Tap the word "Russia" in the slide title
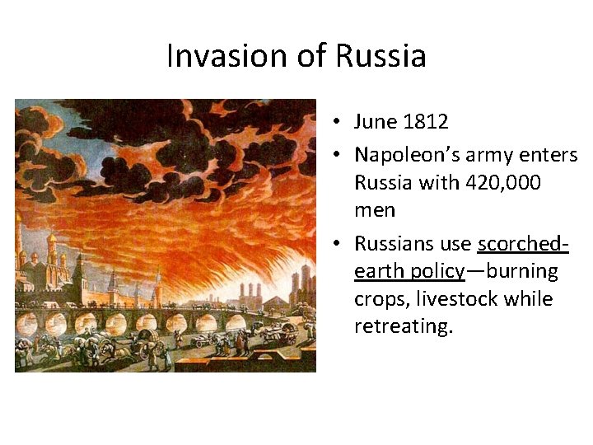coord(381,56)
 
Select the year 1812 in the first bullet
coord(426,122)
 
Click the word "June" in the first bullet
coord(376,122)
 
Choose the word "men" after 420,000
coord(375,210)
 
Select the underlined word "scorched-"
coord(523,244)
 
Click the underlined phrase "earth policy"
coord(409,271)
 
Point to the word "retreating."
coord(404,326)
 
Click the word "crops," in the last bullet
coord(380,298)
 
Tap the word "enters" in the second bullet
coord(552,154)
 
